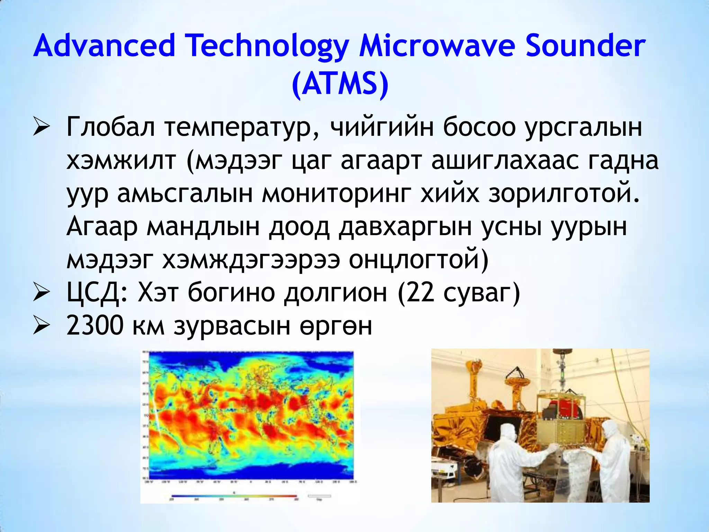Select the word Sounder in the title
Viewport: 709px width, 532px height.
click(x=585, y=46)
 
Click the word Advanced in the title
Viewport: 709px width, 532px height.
click(x=105, y=46)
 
